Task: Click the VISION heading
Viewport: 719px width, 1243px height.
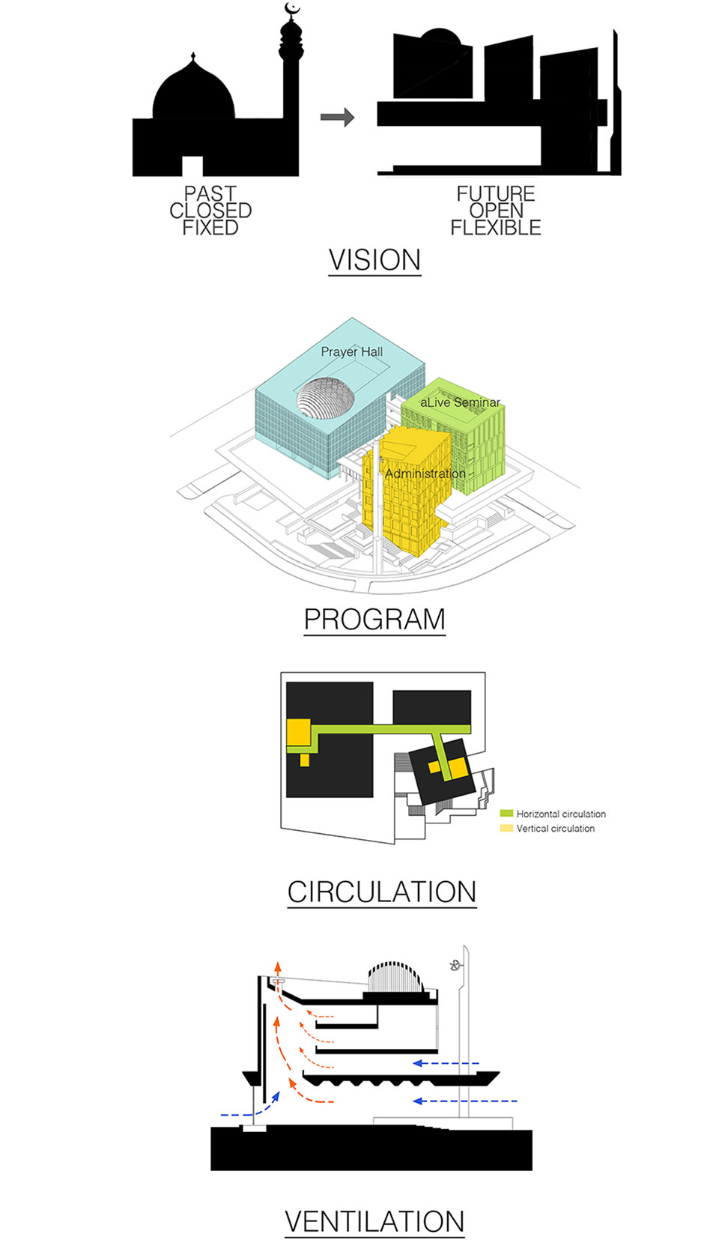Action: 374,260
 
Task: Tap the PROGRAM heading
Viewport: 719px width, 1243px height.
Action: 374,620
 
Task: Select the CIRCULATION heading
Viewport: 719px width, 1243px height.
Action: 382,892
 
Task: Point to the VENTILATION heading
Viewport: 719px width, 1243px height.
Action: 374,1221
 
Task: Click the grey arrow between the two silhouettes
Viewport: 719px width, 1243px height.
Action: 337,117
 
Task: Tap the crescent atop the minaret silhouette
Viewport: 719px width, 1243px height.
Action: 292,10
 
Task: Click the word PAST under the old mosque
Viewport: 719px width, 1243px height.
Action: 210,194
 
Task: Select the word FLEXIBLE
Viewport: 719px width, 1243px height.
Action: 495,228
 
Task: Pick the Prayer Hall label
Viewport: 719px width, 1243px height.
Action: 351,351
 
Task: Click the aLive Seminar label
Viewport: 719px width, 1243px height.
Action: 460,402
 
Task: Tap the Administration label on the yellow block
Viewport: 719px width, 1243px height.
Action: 425,474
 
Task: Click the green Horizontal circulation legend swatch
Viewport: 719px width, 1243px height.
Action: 506,814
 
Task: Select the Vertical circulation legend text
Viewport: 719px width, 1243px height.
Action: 555,829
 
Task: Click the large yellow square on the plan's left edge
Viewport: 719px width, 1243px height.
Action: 298,731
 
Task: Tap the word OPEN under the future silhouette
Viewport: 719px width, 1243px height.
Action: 496,211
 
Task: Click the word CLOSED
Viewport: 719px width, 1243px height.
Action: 210,211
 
